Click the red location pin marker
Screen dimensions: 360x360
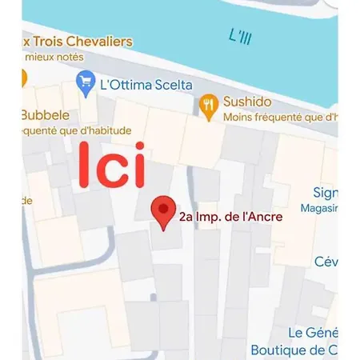pyautogui.click(x=165, y=211)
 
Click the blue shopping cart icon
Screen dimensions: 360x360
pyautogui.click(x=85, y=81)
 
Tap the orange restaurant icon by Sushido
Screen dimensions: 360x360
pyautogui.click(x=208, y=104)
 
